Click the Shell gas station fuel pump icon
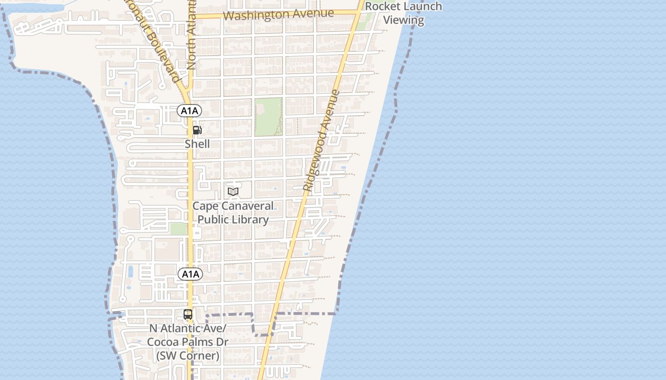point(197,130)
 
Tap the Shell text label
point(197,144)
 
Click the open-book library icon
point(233,191)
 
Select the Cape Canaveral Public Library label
point(233,213)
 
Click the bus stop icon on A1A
point(188,314)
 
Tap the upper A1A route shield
point(189,111)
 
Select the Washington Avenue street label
point(278,14)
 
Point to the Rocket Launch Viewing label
point(403,13)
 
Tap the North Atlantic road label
point(191,36)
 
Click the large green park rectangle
point(268,116)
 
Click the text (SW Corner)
point(188,356)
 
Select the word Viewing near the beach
point(403,20)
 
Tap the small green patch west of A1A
point(178,229)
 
